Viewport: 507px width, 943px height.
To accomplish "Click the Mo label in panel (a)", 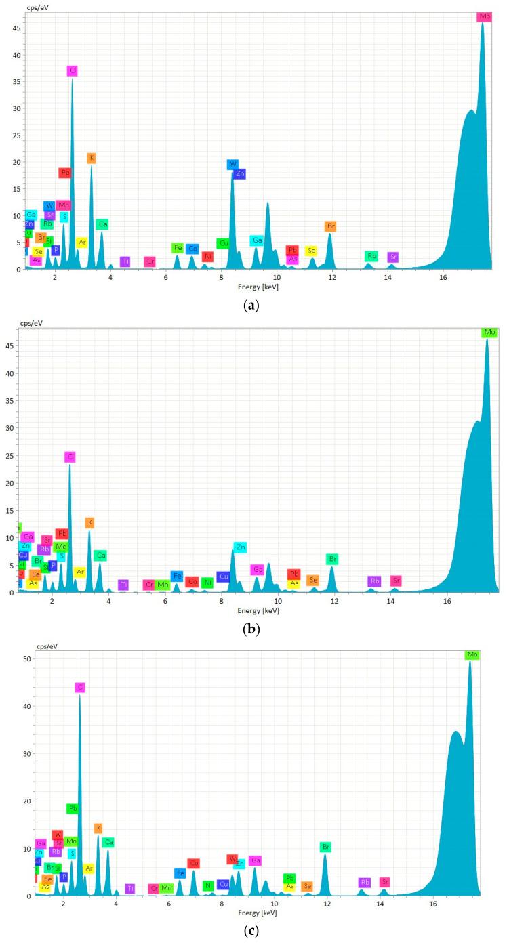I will click(x=484, y=16).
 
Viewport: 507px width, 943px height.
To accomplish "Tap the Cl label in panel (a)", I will click(x=73, y=70).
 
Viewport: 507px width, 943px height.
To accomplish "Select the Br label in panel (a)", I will click(x=331, y=226).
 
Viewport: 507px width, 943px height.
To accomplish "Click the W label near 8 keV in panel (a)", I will click(x=232, y=164).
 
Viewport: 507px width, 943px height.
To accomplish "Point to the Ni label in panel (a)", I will click(x=207, y=256).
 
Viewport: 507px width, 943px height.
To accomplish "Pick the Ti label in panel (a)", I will click(x=125, y=261).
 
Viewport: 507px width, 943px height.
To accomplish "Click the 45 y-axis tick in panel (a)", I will click(x=16, y=28).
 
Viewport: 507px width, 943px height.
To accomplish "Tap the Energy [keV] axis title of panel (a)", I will click(x=258, y=287).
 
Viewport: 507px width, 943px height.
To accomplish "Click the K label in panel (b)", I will click(x=89, y=522).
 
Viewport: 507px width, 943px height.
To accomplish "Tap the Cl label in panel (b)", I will click(x=70, y=457).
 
